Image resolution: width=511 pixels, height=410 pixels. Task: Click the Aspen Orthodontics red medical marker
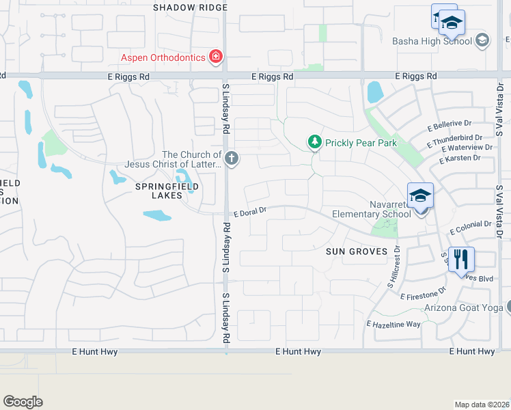pyautogui.click(x=216, y=57)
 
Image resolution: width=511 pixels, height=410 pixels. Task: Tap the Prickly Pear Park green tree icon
pyautogui.click(x=314, y=142)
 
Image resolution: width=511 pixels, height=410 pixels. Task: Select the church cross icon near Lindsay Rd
pyautogui.click(x=232, y=159)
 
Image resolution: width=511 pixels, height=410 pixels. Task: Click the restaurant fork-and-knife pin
pyautogui.click(x=462, y=259)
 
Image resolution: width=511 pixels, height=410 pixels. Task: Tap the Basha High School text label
pyautogui.click(x=432, y=41)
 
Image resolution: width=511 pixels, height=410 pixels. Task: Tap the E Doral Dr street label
pyautogui.click(x=249, y=213)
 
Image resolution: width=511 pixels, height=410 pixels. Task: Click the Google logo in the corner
pyautogui.click(x=23, y=402)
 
